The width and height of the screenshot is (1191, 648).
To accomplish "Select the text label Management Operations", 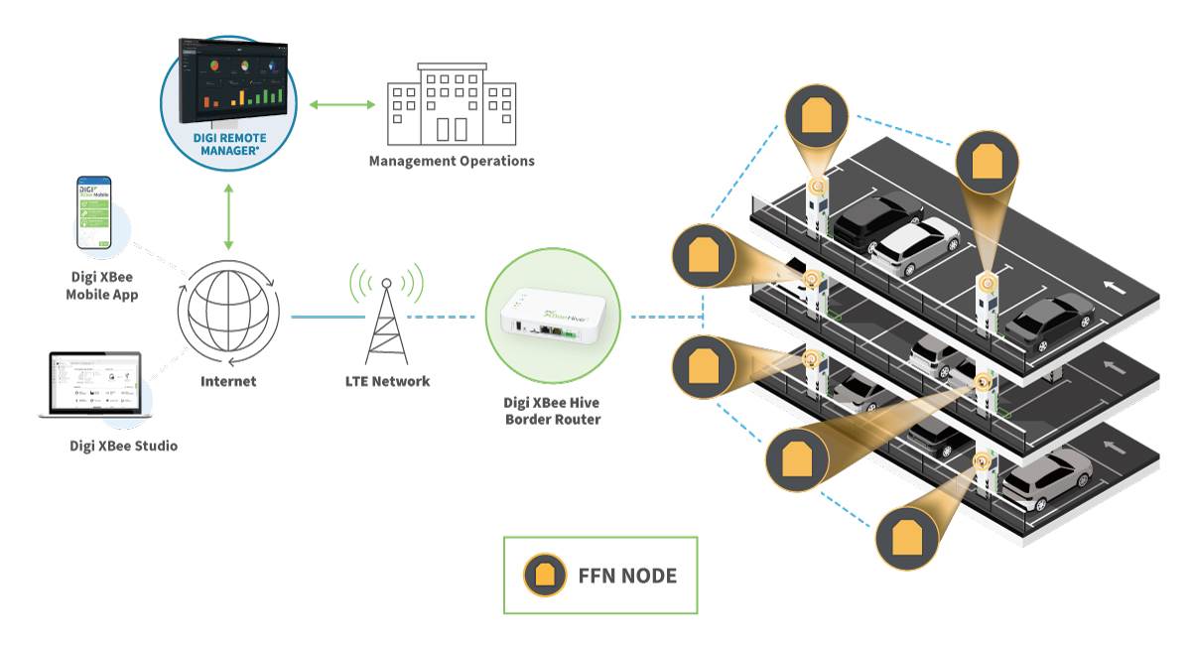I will click(x=452, y=161).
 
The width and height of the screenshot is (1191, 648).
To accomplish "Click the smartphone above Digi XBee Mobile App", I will click(x=95, y=213).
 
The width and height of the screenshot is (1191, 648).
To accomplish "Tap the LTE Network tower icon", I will click(x=386, y=312).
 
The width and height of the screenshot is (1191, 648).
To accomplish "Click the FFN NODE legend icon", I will click(x=545, y=576).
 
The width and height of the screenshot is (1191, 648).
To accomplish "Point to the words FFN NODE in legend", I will click(x=626, y=576).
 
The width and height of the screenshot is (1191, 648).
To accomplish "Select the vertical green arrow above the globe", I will click(x=229, y=216).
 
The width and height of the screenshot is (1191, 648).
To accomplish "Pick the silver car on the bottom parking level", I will click(x=1047, y=475).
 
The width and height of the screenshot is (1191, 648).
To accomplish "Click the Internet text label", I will click(x=228, y=381).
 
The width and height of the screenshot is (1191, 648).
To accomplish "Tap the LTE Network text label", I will click(x=386, y=381).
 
